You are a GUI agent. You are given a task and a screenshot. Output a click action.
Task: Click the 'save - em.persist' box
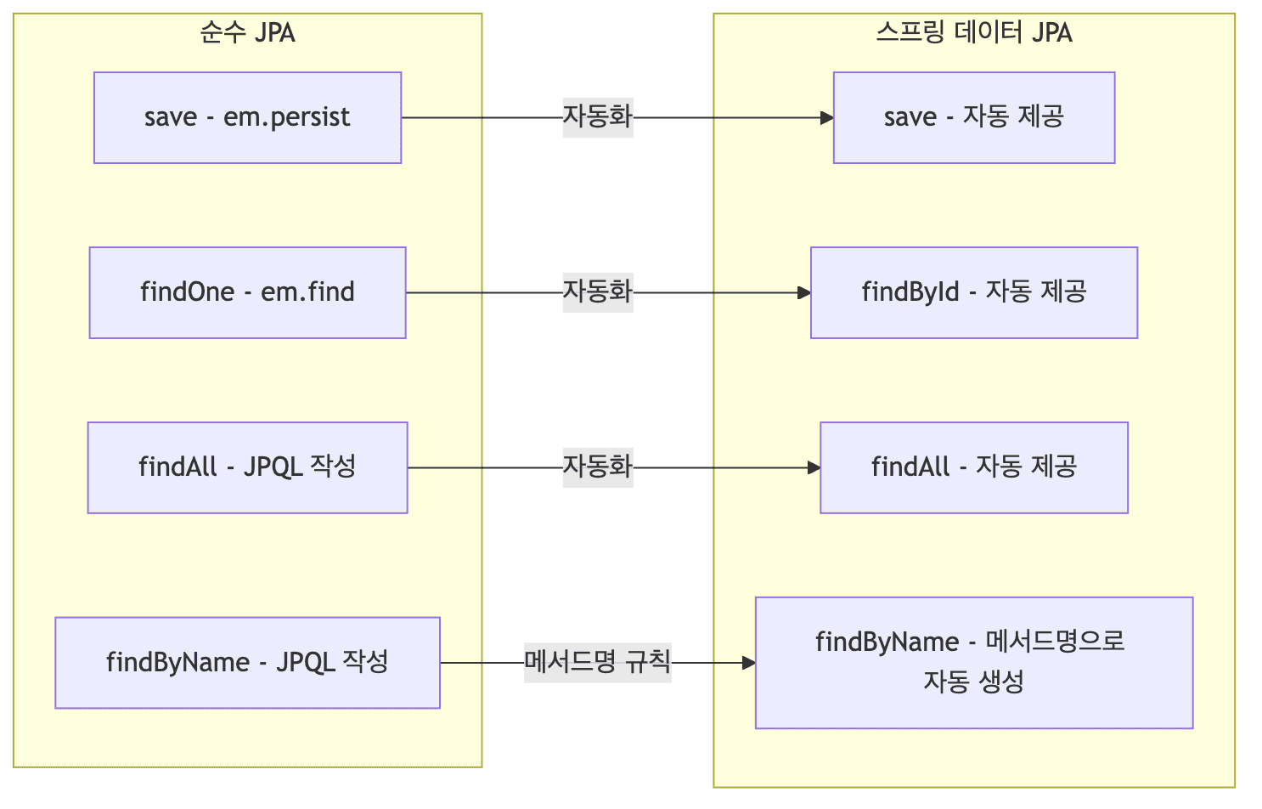[247, 117]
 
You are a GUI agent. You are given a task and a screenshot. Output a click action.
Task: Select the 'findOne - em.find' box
[247, 292]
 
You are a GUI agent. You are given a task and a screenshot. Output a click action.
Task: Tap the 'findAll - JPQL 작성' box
[247, 467]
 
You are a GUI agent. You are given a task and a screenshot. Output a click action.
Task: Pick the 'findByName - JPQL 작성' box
[247, 662]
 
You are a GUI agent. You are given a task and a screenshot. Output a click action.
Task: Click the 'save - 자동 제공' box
[973, 117]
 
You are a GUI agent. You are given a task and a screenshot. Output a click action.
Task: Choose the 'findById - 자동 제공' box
[973, 292]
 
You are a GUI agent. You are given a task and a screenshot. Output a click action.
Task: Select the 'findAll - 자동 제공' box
[973, 467]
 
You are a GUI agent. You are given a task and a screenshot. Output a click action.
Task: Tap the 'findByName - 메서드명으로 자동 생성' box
[973, 662]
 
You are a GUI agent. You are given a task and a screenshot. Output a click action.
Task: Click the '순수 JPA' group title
[247, 33]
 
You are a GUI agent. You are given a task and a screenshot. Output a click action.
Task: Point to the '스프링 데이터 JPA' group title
[973, 33]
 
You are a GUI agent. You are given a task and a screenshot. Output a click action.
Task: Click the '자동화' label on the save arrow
[597, 116]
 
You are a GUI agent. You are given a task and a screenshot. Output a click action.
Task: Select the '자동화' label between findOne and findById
[597, 291]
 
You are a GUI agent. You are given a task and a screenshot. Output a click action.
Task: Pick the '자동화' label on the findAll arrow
[597, 467]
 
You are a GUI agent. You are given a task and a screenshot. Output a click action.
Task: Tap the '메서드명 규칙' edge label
[597, 661]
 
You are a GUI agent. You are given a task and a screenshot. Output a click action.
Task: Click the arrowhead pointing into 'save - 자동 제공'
[826, 118]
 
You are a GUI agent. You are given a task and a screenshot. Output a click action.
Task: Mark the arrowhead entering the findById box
[803, 293]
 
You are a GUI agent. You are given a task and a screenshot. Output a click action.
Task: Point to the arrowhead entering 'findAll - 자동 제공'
[813, 468]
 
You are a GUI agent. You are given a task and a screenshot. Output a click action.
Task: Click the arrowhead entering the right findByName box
[748, 663]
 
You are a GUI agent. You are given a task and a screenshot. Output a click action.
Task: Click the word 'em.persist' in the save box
[286, 117]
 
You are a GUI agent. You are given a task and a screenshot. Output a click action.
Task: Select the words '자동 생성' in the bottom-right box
[973, 682]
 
